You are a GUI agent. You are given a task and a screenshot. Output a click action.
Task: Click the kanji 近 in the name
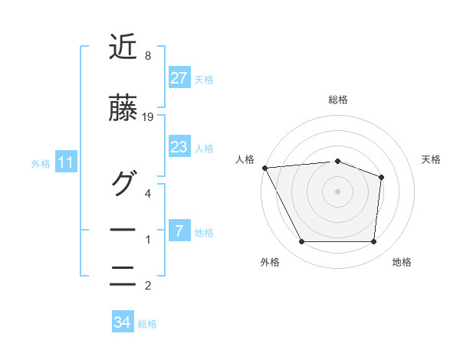point(123,47)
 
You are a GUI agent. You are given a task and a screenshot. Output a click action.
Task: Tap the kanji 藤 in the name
point(123,110)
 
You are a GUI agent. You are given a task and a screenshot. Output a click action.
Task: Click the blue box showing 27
point(179,77)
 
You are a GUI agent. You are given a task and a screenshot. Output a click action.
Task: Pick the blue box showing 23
point(179,147)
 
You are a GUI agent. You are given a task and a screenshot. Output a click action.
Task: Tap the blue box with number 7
point(179,231)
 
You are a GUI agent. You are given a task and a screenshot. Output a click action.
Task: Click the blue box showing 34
point(123,323)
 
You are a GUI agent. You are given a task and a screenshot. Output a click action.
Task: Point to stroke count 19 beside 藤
point(149,117)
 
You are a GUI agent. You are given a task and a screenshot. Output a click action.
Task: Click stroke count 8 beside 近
point(147,55)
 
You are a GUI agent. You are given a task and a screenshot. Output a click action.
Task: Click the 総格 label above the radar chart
point(338,100)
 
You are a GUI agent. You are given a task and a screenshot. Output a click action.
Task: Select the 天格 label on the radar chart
point(431,159)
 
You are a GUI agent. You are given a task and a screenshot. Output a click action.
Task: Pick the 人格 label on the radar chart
point(245,159)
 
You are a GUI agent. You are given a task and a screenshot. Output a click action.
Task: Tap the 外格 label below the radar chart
point(270,263)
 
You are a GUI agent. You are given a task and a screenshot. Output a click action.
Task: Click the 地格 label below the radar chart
point(402,263)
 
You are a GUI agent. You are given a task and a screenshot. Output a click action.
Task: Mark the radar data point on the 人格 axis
point(264,167)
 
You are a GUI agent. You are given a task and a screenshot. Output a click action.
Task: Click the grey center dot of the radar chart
point(338,191)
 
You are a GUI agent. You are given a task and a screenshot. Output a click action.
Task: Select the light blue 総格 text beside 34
point(147,324)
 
